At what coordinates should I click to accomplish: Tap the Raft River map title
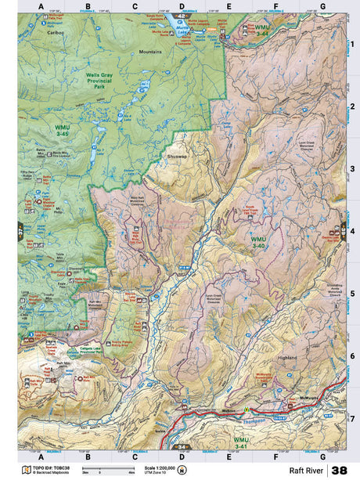(x=306, y=471)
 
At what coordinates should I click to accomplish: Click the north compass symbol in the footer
(x=182, y=470)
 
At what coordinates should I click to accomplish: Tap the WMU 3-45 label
(x=61, y=130)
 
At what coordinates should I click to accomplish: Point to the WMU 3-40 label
(x=258, y=241)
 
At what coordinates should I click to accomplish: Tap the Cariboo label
(x=56, y=34)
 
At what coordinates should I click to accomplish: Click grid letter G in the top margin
(x=322, y=7)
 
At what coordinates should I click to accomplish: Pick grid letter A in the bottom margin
(x=41, y=457)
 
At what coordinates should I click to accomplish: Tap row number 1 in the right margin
(x=352, y=44)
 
